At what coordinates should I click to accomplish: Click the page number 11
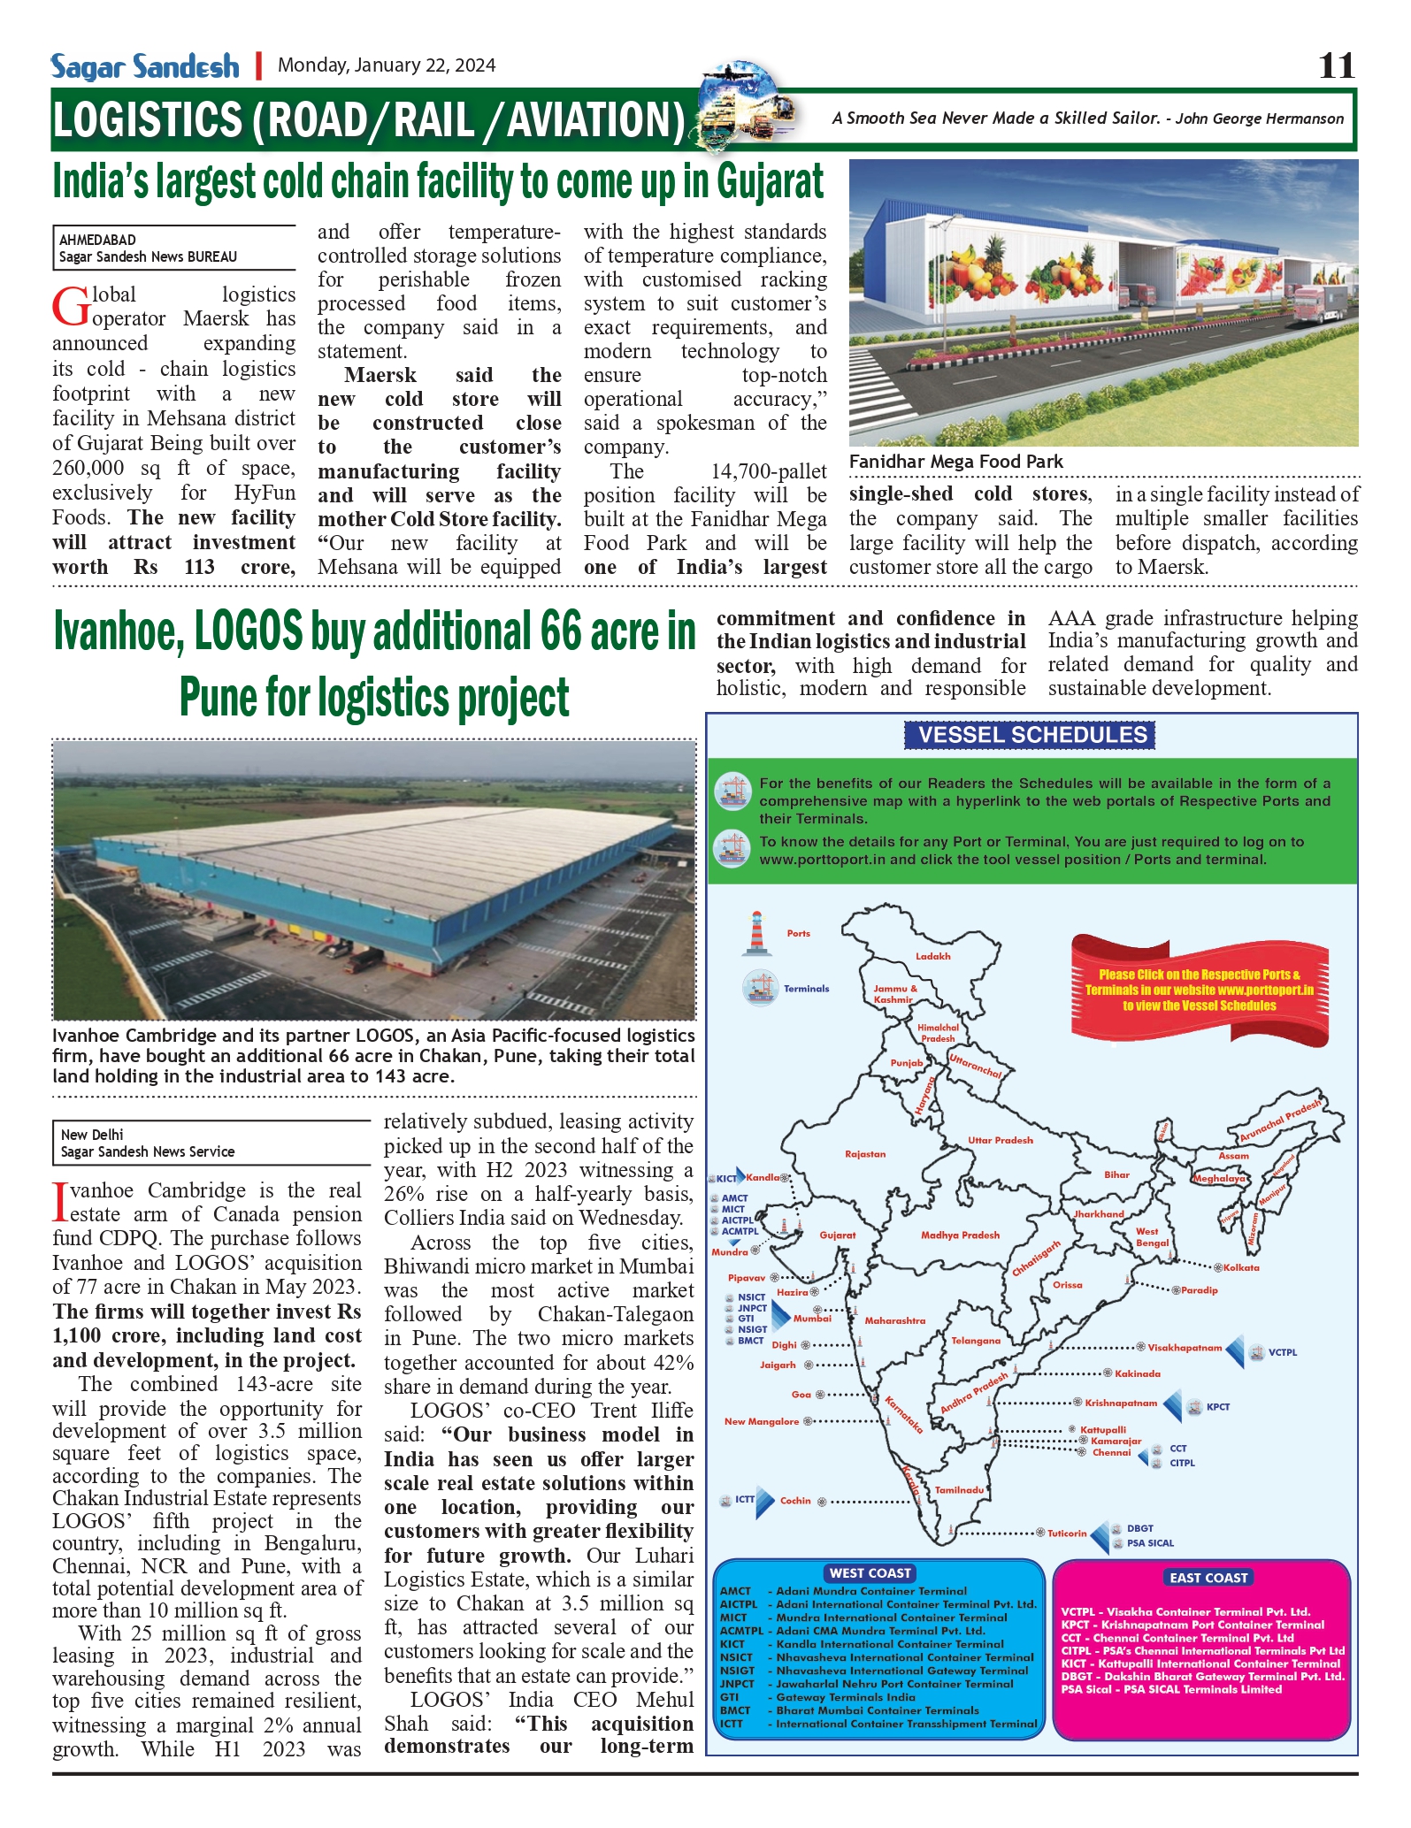[1336, 65]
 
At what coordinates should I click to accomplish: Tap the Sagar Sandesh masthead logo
[145, 67]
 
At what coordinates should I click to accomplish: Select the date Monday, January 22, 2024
[387, 65]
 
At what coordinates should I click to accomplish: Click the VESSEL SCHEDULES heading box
[1031, 735]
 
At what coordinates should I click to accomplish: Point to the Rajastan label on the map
[865, 1154]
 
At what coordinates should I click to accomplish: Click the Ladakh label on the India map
[933, 956]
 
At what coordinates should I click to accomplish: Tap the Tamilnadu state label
[959, 1490]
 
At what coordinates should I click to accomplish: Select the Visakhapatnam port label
[1185, 1348]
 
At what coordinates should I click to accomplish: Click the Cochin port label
[795, 1501]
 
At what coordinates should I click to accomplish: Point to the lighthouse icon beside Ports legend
[756, 933]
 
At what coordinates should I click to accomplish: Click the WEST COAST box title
[870, 1573]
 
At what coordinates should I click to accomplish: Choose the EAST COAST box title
[1208, 1578]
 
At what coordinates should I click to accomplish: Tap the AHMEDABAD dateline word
[97, 240]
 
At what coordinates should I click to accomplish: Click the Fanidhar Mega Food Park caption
[956, 462]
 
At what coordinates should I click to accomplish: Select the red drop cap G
[70, 307]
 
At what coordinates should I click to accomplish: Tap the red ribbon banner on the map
[1199, 990]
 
